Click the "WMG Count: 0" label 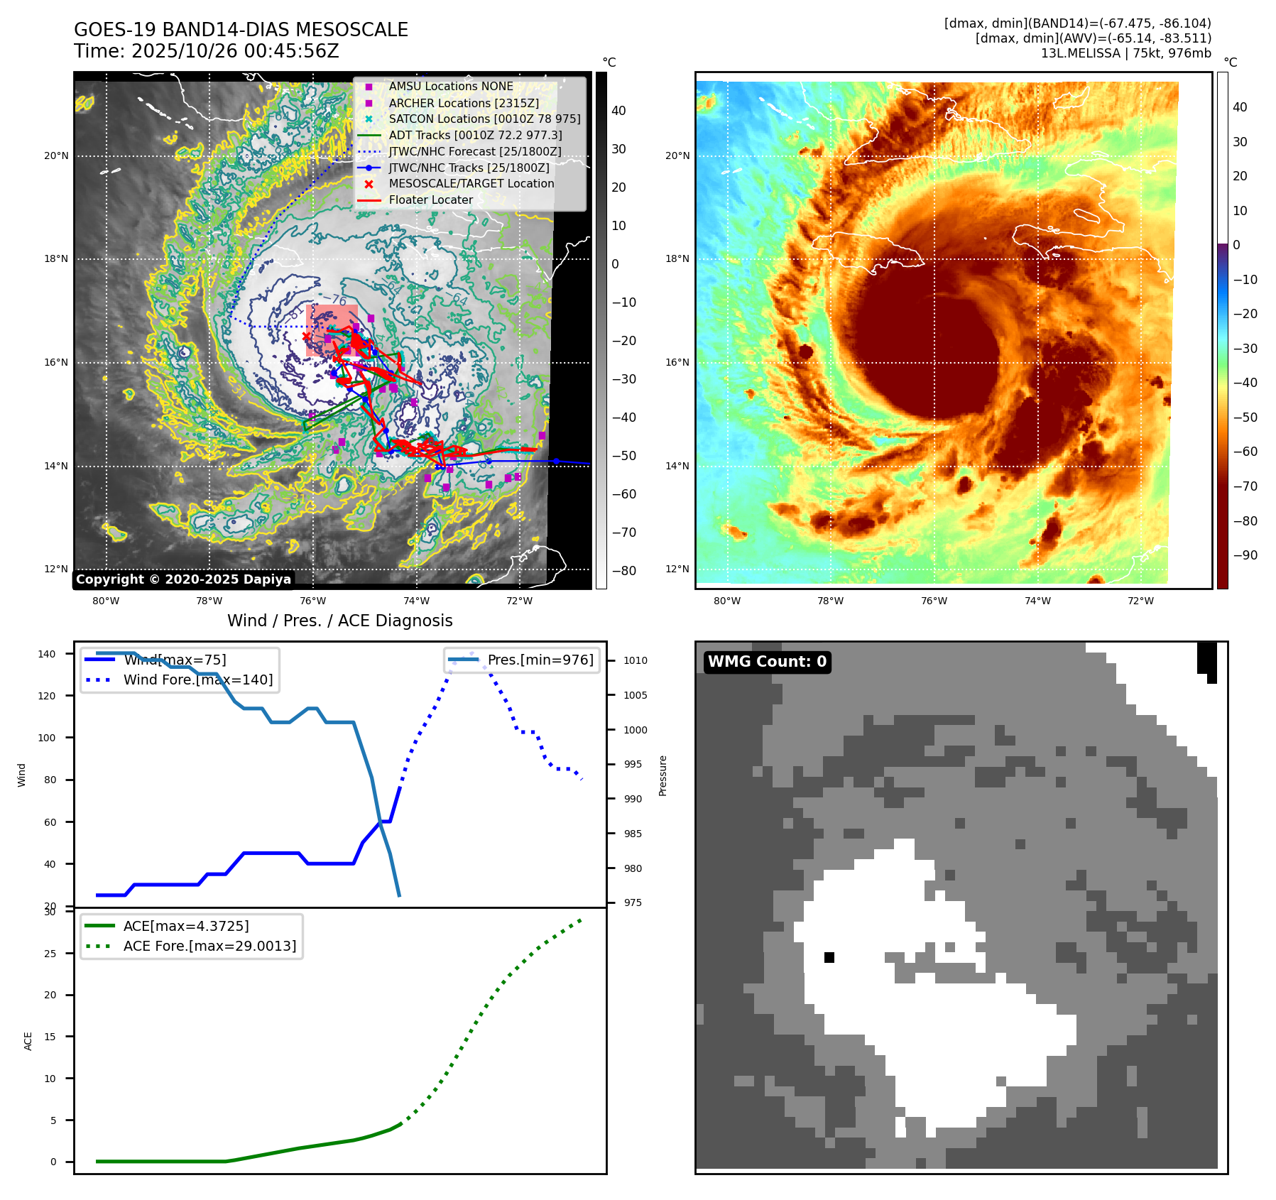coord(767,662)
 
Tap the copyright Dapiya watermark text coord(183,579)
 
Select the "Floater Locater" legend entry coord(430,200)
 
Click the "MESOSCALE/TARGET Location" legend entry coord(471,184)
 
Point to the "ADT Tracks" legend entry coord(475,135)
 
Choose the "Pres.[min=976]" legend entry coord(540,660)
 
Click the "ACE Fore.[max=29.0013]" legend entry coord(209,946)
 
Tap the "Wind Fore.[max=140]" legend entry coord(197,680)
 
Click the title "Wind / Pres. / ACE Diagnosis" coord(339,621)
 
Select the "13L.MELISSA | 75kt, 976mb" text coord(1125,53)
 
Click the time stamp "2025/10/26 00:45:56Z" coord(235,51)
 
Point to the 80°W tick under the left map coord(106,601)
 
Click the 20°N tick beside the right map coord(677,156)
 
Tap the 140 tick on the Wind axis coord(46,654)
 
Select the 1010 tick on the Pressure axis coord(636,660)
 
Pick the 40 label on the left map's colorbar coord(618,111)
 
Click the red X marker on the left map coord(306,337)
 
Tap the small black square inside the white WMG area coord(829,958)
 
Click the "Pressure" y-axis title coord(663,775)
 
